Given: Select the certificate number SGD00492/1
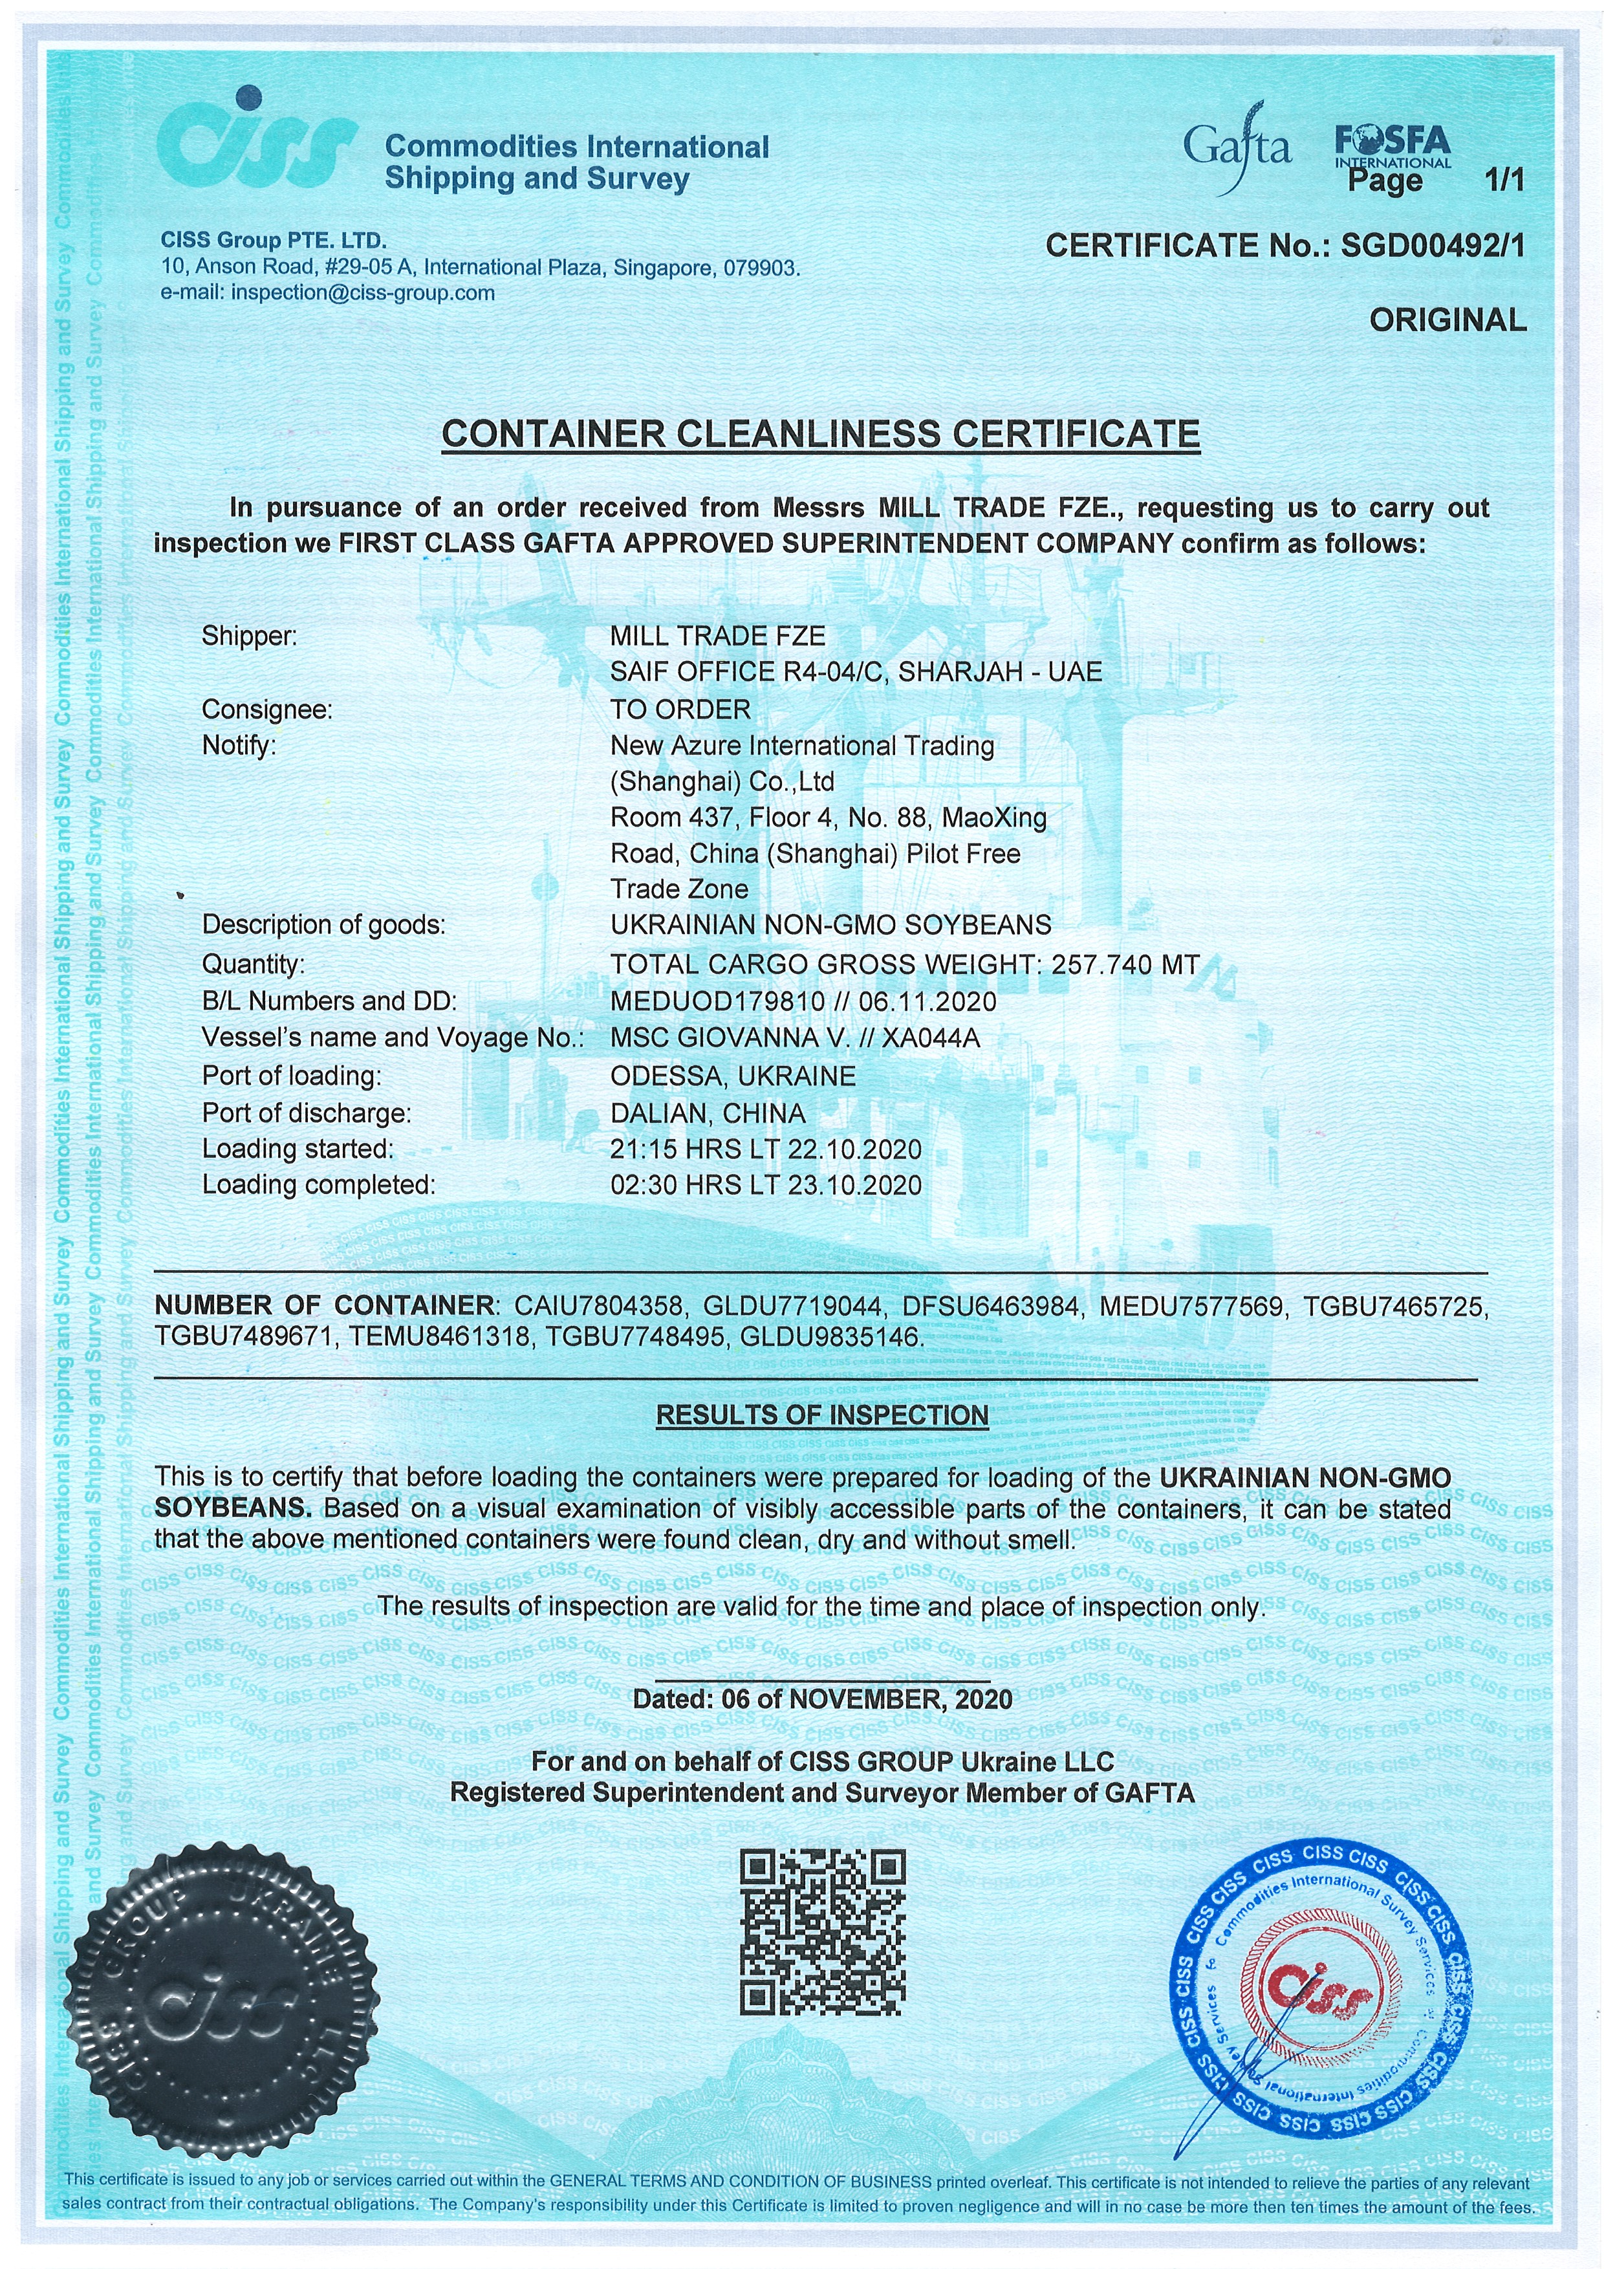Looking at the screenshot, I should (1432, 245).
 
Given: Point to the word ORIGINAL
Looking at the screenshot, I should (1447, 320).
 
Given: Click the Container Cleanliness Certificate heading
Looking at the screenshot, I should (820, 434).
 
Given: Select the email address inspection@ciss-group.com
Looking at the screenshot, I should (362, 294).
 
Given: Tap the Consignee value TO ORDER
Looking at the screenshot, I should (680, 710).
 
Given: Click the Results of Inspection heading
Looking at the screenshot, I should (822, 1415).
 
